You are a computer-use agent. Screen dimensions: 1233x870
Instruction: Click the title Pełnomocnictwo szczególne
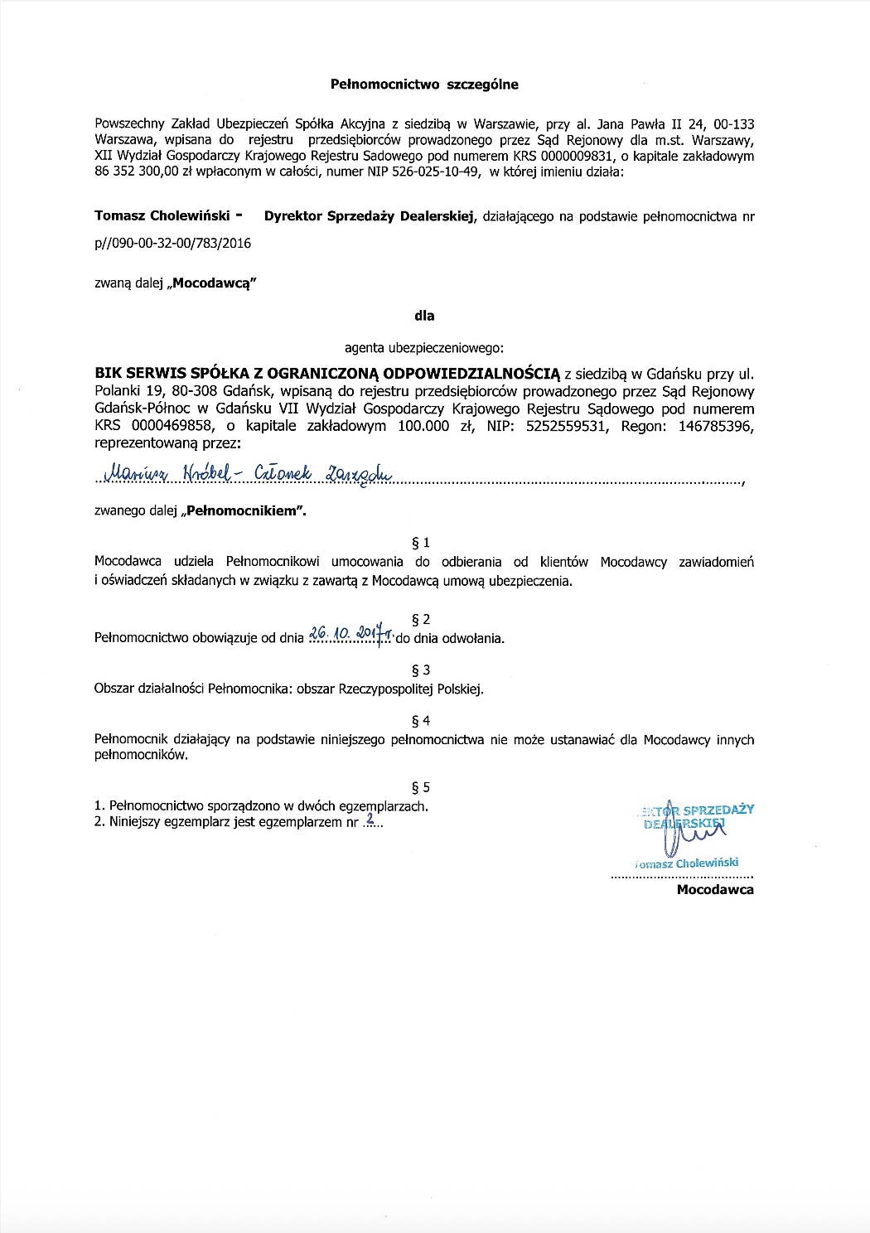424,84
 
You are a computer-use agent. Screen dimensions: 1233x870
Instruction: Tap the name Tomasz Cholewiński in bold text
162,215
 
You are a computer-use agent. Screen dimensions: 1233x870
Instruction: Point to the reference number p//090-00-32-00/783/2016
172,243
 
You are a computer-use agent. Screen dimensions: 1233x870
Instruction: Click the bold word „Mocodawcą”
211,283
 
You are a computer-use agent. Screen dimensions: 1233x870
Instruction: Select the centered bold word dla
424,316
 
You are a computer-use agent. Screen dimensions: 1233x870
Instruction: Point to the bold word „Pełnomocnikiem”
246,511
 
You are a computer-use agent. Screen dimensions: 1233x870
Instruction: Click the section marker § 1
421,543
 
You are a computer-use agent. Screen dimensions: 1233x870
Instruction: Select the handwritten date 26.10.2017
349,635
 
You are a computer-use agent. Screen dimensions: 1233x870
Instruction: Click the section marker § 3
421,670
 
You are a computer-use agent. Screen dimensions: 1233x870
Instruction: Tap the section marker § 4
421,721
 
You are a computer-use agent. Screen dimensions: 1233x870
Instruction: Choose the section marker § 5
421,787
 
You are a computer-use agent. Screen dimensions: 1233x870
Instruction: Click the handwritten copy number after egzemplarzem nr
370,820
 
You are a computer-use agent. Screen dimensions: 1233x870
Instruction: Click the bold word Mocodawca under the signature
715,890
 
